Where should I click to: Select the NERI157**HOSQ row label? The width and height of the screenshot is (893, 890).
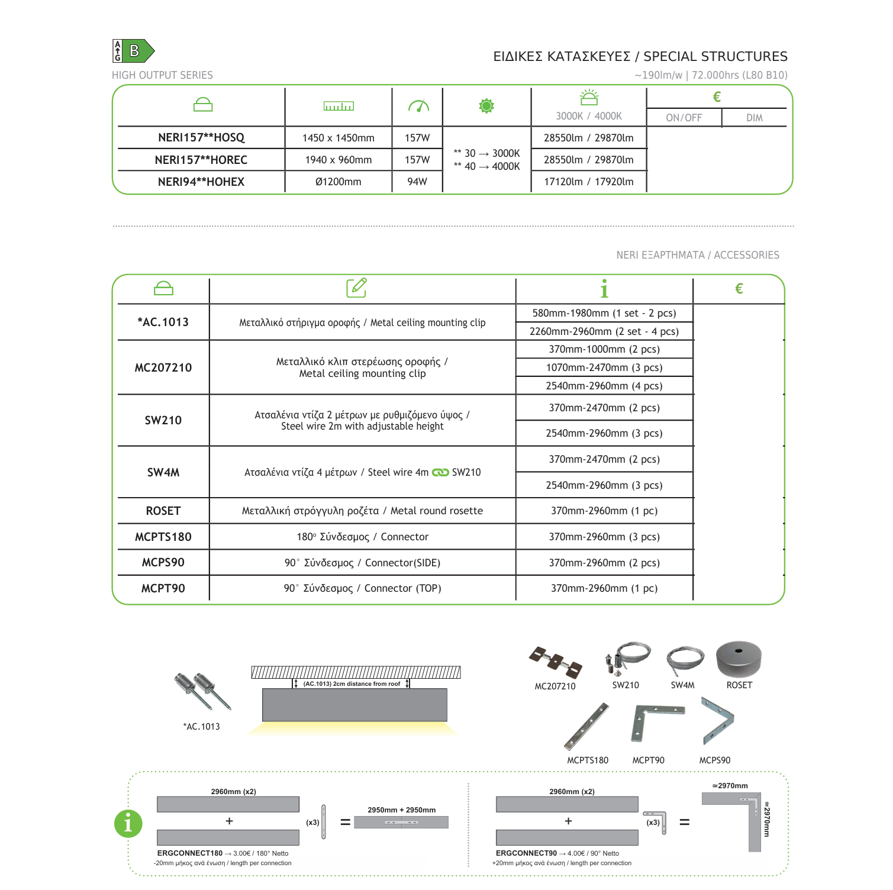[201, 137]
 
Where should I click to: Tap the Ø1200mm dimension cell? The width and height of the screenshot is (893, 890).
[338, 182]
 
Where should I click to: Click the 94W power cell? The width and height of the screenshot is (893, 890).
[417, 182]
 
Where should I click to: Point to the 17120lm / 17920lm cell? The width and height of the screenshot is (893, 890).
[588, 182]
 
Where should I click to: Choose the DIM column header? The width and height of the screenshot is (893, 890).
[754, 118]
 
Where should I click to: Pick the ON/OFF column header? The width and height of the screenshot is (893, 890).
[684, 118]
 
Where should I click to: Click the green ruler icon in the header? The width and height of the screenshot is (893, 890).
[338, 106]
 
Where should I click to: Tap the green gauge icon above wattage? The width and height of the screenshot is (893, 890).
[418, 106]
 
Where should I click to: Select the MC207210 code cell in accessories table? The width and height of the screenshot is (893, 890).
[163, 367]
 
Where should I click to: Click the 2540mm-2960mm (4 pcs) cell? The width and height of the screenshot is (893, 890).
[604, 386]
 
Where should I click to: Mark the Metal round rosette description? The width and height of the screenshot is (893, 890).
[362, 511]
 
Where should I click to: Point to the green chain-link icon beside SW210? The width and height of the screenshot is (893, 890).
[440, 472]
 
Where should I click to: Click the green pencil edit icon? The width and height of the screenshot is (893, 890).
[356, 288]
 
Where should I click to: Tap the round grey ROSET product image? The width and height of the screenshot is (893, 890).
[739, 659]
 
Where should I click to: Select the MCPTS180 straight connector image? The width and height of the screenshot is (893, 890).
[586, 726]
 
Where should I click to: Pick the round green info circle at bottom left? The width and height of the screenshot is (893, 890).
[128, 823]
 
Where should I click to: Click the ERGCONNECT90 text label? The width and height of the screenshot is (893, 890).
[526, 853]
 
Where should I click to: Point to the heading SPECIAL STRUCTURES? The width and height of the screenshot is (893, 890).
[715, 57]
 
